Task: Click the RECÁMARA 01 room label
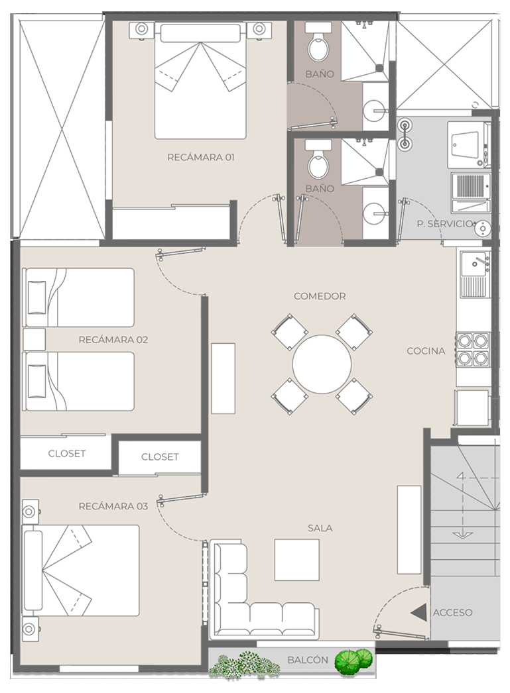click(201, 157)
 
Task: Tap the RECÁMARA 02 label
click(113, 339)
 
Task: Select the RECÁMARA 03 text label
click(113, 506)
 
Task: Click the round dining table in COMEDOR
click(322, 364)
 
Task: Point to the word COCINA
click(426, 351)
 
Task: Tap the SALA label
click(320, 528)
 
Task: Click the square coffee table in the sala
click(297, 560)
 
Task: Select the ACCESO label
click(452, 613)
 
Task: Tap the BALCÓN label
click(308, 660)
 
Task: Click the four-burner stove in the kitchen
click(473, 349)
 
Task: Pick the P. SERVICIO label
click(446, 224)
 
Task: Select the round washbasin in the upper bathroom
click(376, 109)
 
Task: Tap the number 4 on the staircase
click(461, 477)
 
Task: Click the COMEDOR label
click(320, 296)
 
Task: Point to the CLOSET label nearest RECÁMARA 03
click(160, 457)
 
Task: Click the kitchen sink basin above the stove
click(475, 264)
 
